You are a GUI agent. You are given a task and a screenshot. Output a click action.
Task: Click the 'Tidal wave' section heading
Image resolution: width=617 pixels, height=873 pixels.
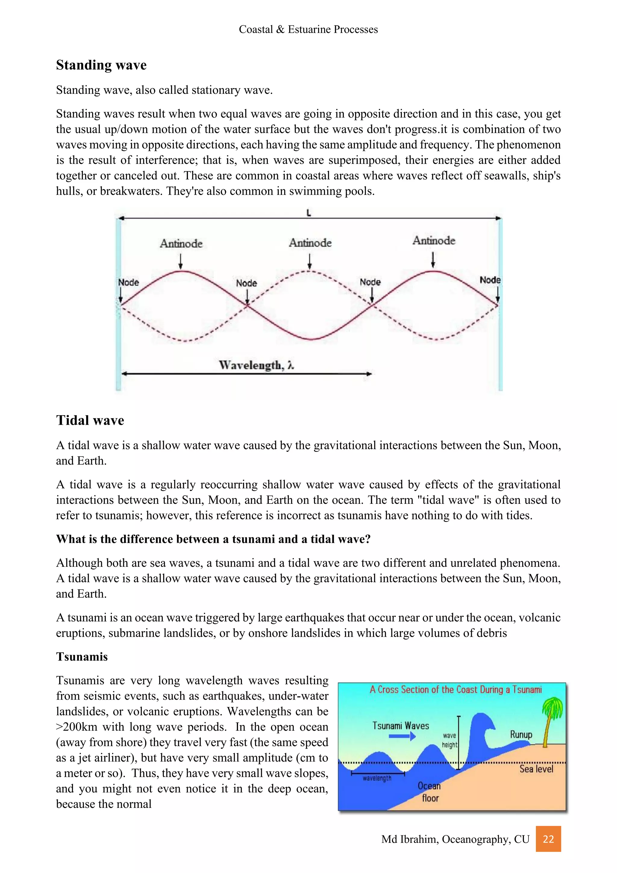[90, 420]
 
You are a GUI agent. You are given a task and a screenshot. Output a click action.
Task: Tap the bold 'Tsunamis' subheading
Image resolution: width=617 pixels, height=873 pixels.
[82, 657]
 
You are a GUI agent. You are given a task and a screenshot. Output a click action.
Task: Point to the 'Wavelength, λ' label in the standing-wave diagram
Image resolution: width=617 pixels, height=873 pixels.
[256, 365]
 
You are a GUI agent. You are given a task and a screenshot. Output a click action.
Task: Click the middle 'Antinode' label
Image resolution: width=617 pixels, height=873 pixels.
[310, 243]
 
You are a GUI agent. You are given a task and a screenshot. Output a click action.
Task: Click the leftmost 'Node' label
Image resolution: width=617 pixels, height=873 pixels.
[128, 282]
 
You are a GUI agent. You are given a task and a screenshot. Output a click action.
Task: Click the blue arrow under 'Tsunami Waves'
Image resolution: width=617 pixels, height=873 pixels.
[402, 736]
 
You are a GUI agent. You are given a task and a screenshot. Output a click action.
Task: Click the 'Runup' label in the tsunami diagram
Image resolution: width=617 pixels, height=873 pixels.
[521, 734]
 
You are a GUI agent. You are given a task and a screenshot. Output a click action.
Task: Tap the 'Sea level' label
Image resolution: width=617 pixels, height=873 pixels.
[536, 769]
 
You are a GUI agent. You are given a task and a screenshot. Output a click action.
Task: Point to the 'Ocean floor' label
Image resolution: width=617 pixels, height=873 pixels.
[429, 792]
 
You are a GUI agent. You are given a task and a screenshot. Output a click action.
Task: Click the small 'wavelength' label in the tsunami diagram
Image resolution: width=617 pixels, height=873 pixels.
[377, 778]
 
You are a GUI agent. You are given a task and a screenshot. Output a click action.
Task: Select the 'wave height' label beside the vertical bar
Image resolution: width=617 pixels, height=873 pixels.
[449, 740]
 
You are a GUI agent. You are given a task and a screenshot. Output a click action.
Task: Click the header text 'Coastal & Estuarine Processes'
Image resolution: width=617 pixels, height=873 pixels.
[308, 29]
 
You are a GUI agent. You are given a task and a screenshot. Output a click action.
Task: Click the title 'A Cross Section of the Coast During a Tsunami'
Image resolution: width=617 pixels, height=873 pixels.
[456, 689]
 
